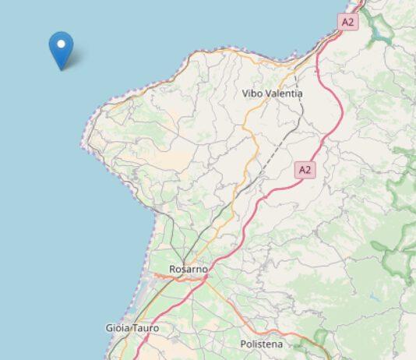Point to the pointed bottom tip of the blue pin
pos(61,69)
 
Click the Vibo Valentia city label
pos(272,94)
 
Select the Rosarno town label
pos(188,270)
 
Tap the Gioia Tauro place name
pos(132,328)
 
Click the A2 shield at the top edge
pos(347,22)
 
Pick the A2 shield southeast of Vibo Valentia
pos(305,169)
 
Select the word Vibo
pos(252,94)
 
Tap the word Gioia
pos(117,328)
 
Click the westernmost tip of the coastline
pos(82,143)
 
